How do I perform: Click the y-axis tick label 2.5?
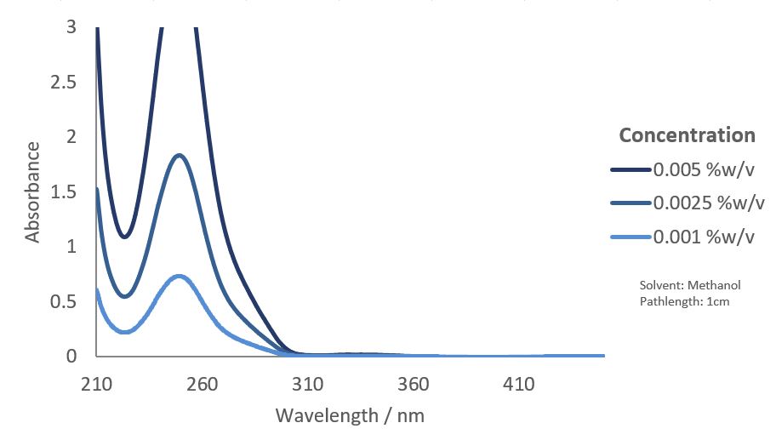(69, 83)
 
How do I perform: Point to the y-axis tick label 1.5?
(69, 192)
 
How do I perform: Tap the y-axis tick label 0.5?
(69, 302)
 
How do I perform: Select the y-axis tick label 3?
(71, 27)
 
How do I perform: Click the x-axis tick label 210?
(96, 385)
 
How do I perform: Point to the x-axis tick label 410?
(519, 385)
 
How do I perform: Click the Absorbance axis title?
(32, 192)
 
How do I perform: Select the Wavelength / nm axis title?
(350, 416)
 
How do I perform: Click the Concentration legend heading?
(687, 135)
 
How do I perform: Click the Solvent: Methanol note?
(683, 285)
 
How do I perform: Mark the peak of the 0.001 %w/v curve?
(180, 276)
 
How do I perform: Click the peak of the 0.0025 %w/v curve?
(180, 155)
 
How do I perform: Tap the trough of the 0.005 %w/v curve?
(124, 237)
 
